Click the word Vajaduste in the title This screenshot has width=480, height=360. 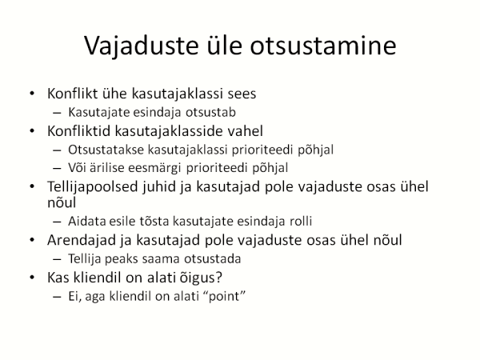click(x=141, y=46)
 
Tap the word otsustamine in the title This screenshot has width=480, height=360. click(x=323, y=46)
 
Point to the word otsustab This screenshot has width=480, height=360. click(x=210, y=112)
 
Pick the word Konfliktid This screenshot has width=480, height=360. click(x=78, y=131)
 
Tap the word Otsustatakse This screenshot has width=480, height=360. click(x=106, y=150)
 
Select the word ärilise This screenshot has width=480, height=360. click(x=107, y=168)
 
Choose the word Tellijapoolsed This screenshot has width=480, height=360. click(x=93, y=187)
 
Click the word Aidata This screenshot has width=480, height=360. click(x=87, y=221)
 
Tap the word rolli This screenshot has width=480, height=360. click(x=301, y=221)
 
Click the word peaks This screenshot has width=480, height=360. click(x=122, y=259)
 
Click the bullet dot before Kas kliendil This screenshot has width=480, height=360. click(x=32, y=278)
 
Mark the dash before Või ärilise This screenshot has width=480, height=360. click(x=57, y=168)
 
